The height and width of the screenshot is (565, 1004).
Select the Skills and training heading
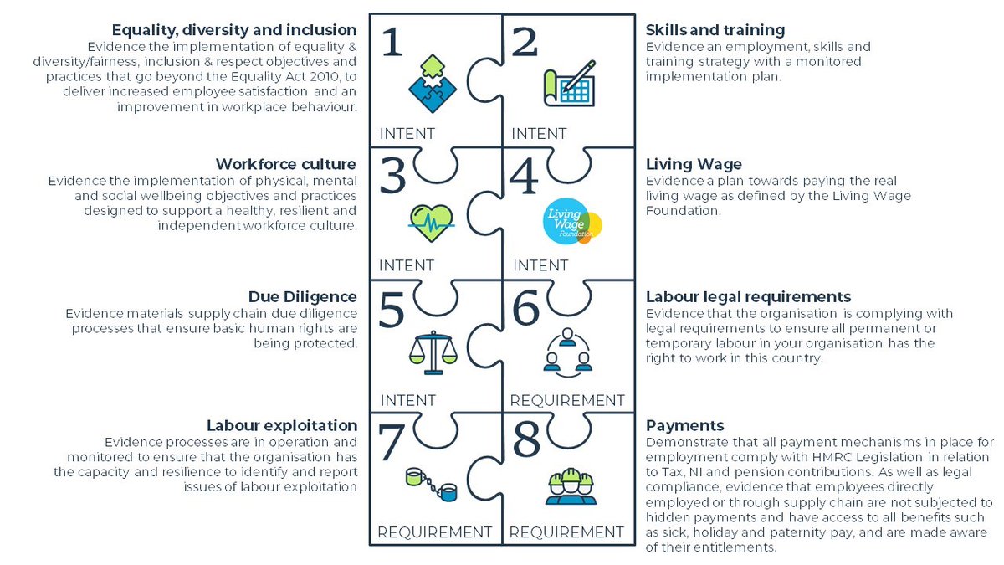tap(715, 30)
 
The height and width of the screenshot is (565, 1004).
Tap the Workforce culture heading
tap(286, 163)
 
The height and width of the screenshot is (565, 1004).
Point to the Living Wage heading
tap(694, 163)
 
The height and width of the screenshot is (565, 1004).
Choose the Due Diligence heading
tap(303, 296)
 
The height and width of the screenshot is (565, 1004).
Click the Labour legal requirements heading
tap(749, 296)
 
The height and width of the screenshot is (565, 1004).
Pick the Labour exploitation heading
tap(282, 425)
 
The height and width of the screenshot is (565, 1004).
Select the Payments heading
tap(685, 425)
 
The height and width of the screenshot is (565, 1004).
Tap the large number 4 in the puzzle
tap(525, 176)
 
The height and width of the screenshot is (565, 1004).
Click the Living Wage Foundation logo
tap(572, 222)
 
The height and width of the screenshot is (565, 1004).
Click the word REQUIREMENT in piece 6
tap(567, 400)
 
